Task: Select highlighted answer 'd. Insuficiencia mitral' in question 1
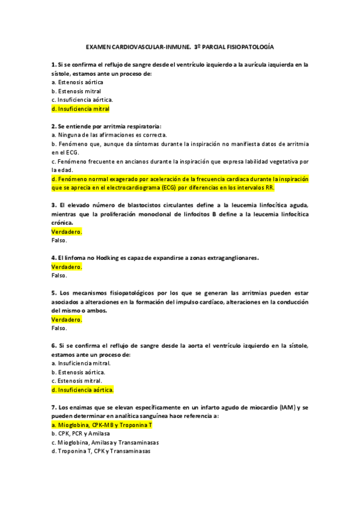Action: [x=81, y=109]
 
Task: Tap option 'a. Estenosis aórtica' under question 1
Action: [x=77, y=81]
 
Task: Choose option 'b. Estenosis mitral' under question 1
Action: [x=76, y=91]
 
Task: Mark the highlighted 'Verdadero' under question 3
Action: [x=67, y=232]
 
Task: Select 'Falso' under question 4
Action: [x=59, y=275]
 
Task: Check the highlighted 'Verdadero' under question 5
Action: [x=67, y=319]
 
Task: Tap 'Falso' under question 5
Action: [x=59, y=328]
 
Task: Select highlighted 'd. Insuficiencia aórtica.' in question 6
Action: [x=83, y=390]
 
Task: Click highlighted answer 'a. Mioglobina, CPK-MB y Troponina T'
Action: [x=102, y=425]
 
